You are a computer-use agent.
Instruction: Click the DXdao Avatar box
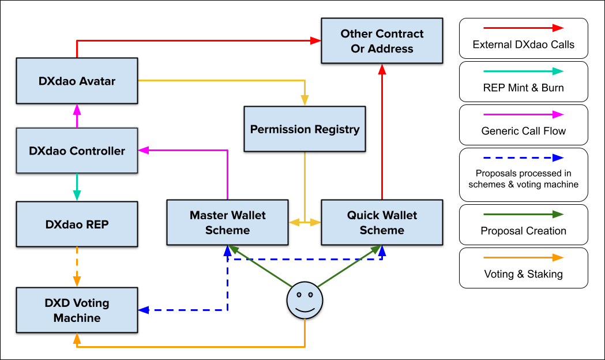pyautogui.click(x=77, y=81)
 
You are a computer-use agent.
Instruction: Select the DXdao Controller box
pyautogui.click(x=77, y=151)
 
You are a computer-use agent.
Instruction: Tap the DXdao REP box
pyautogui.click(x=77, y=224)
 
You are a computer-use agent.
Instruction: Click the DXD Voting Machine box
pyautogui.click(x=77, y=310)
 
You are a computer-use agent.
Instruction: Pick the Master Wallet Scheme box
pyautogui.click(x=228, y=223)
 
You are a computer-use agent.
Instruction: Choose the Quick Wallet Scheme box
pyautogui.click(x=382, y=223)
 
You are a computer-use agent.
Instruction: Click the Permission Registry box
pyautogui.click(x=305, y=129)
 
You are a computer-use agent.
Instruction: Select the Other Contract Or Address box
pyautogui.click(x=382, y=42)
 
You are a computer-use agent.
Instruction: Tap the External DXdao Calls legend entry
pyautogui.click(x=523, y=38)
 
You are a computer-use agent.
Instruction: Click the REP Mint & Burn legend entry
pyautogui.click(x=523, y=81)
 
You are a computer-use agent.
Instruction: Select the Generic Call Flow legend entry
pyautogui.click(x=523, y=124)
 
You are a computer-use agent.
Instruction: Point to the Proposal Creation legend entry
pyautogui.click(x=523, y=224)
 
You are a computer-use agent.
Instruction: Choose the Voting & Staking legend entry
pyautogui.click(x=523, y=268)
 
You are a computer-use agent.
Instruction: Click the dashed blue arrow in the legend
pyautogui.click(x=523, y=157)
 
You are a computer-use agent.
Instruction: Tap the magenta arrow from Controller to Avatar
pyautogui.click(x=77, y=117)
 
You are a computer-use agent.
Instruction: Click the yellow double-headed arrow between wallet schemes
pyautogui.click(x=305, y=222)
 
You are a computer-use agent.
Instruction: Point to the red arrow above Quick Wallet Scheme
pyautogui.click(x=382, y=133)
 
